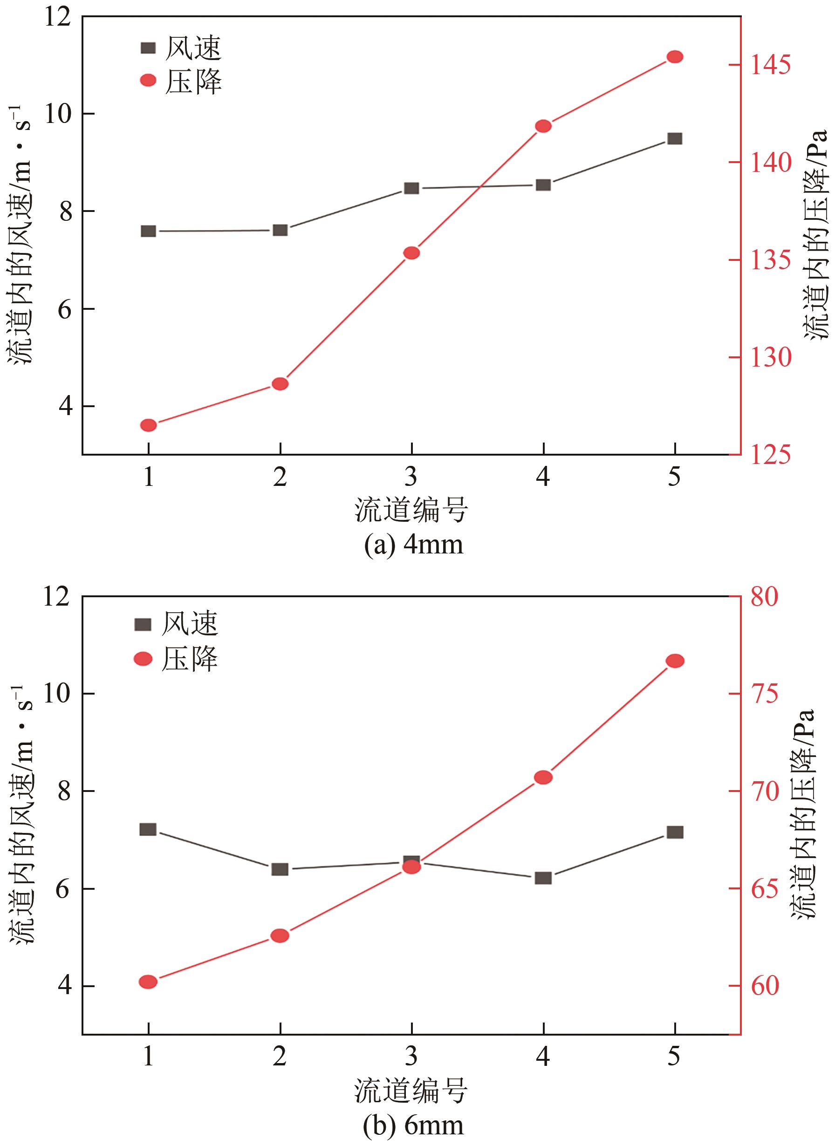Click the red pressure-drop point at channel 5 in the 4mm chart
(x=675, y=56)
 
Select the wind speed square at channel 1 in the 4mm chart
(x=148, y=231)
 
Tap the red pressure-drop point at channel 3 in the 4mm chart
(x=411, y=252)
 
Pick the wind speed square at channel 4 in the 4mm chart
(x=543, y=185)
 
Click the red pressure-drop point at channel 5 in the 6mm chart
(x=675, y=661)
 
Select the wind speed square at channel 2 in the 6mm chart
(x=280, y=869)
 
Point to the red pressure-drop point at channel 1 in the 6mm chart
(x=148, y=981)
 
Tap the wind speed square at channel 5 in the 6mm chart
(x=675, y=832)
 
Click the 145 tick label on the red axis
(x=770, y=65)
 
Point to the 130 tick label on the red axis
(x=770, y=357)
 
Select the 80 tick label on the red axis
(x=764, y=596)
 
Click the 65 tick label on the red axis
(x=764, y=888)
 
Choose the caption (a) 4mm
(x=413, y=545)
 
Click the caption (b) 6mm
(x=413, y=1125)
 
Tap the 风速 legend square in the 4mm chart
(x=148, y=48)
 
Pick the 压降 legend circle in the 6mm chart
(x=143, y=659)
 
